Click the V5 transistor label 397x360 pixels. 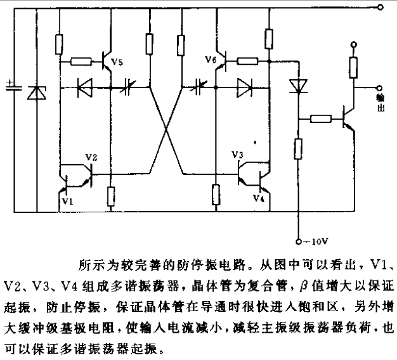(x=117, y=61)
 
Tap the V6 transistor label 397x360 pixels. (x=211, y=59)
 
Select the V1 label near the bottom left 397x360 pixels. (x=68, y=201)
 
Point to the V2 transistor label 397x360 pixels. (x=91, y=157)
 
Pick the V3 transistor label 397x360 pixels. (x=237, y=154)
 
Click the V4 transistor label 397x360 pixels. (x=259, y=198)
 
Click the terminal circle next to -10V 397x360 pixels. (x=299, y=242)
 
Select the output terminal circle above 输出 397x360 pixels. (x=379, y=88)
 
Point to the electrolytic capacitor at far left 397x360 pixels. (x=14, y=86)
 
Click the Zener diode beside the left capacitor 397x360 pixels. (x=37, y=93)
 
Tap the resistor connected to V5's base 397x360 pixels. (x=81, y=61)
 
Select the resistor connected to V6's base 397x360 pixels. (x=247, y=61)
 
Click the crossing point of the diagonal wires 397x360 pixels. (x=166, y=129)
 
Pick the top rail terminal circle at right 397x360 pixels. (x=380, y=7)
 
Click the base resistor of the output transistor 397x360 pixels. (x=321, y=119)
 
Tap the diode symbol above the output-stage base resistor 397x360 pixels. (x=299, y=86)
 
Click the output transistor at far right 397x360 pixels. (x=348, y=119)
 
